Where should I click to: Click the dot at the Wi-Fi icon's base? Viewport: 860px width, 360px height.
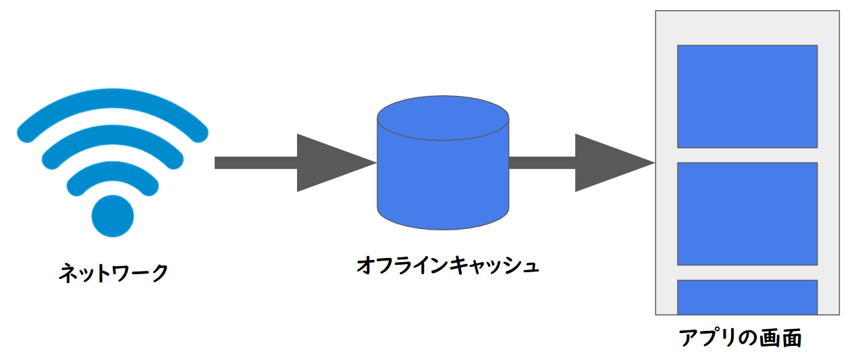click(x=113, y=216)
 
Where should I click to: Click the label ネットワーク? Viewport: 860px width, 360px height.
click(x=113, y=274)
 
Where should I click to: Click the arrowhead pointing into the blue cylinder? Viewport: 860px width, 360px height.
click(x=331, y=163)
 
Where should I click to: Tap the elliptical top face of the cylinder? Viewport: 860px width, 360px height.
click(x=442, y=118)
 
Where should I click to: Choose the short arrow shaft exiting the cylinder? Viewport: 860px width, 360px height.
click(x=541, y=163)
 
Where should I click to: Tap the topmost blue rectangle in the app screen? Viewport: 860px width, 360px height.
click(x=747, y=96)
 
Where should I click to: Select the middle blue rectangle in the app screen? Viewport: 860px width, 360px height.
click(x=747, y=213)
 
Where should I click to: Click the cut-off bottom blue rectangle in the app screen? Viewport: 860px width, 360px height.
click(x=747, y=297)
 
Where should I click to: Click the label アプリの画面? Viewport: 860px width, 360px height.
click(x=739, y=337)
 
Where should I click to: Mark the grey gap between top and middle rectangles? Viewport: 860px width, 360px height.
click(x=747, y=155)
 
